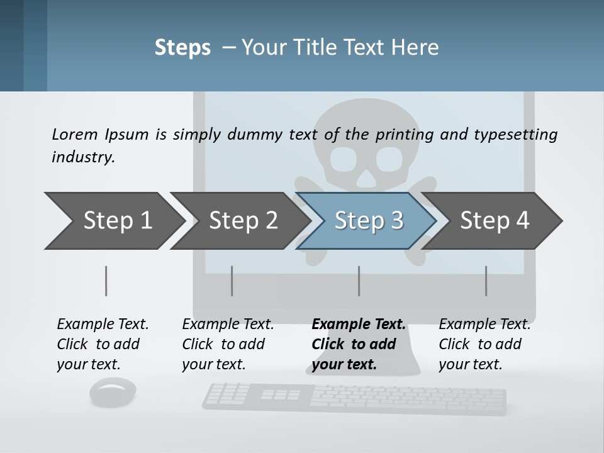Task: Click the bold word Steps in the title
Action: [182, 47]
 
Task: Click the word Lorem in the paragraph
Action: [75, 134]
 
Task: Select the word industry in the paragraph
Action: [83, 157]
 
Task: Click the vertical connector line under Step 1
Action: [106, 281]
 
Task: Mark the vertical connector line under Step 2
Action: [232, 281]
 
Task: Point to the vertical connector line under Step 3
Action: [359, 281]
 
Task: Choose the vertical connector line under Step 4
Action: [486, 281]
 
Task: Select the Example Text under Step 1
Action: [103, 325]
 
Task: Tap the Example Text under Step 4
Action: [484, 325]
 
